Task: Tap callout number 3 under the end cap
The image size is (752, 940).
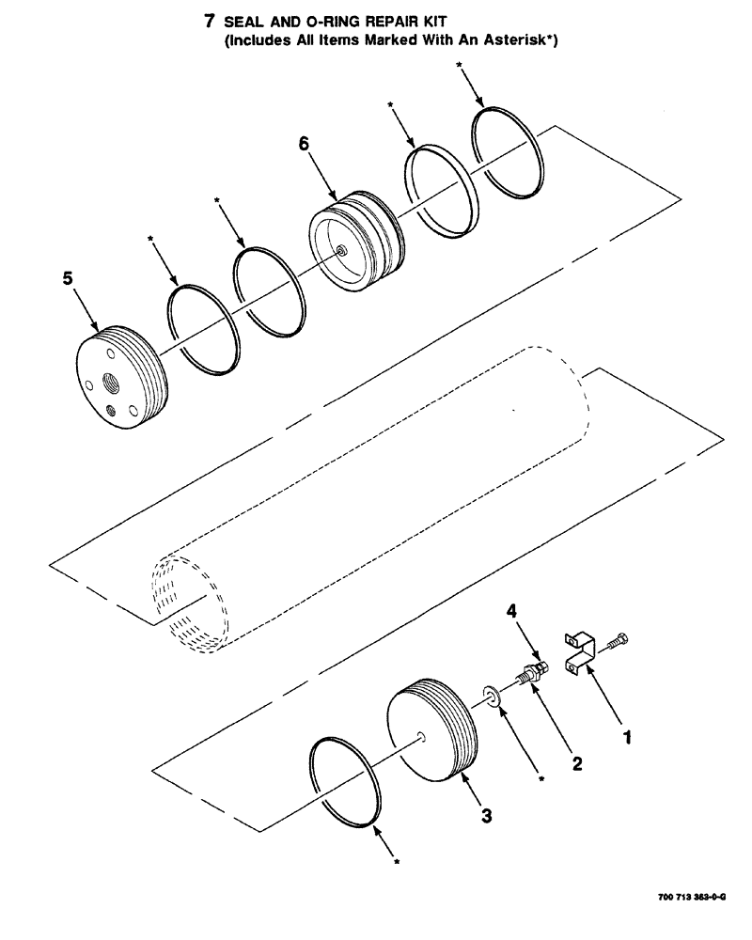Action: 486,816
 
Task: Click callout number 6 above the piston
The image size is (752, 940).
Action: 304,143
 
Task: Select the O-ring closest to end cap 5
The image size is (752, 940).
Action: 201,330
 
